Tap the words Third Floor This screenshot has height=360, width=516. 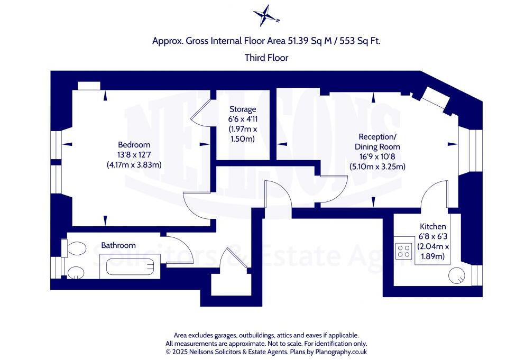pos(266,58)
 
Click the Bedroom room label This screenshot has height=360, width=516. pos(134,144)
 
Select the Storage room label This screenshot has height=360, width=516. pos(242,109)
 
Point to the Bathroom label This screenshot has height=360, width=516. pos(118,245)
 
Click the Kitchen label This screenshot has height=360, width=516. pos(433,226)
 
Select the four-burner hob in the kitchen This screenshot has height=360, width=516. pos(404,250)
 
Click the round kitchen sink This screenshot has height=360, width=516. pos(457,275)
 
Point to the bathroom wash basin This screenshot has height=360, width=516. pos(75,272)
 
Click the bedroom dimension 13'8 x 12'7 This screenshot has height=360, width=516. pos(134,154)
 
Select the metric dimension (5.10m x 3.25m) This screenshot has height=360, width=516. pos(377,167)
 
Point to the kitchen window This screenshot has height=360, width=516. pos(477,275)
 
